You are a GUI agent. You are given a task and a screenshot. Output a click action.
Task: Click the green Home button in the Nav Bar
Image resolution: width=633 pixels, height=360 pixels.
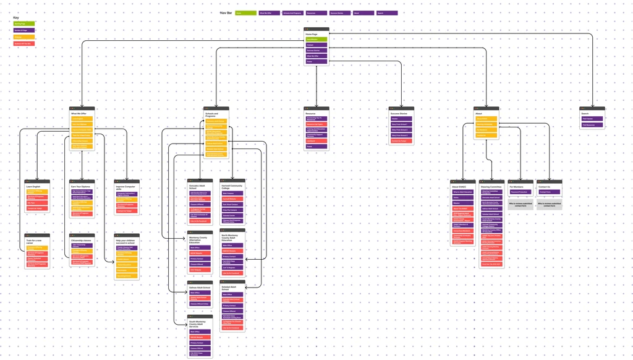point(245,13)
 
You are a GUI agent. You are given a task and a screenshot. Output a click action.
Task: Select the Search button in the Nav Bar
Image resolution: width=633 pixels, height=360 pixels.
point(387,13)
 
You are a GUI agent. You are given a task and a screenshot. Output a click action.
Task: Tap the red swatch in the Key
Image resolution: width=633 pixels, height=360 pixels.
point(24,44)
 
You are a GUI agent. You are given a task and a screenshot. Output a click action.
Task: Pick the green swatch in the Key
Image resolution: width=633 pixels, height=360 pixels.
point(24,24)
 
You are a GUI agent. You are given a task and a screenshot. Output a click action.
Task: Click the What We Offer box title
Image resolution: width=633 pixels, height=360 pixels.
point(79,114)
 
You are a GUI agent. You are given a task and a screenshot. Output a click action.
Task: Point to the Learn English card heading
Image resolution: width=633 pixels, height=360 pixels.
point(33,186)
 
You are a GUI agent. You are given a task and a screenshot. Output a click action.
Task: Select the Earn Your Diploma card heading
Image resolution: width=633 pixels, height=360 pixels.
point(80,186)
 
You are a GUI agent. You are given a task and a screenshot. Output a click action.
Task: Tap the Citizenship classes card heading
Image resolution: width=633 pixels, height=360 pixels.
point(82,241)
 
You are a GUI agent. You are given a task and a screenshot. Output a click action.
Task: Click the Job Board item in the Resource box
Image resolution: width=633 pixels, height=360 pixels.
point(316,141)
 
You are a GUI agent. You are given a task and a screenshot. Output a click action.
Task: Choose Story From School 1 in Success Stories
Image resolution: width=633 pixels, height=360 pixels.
point(402,124)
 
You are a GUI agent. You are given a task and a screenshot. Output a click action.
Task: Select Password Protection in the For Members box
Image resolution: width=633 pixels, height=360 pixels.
point(520,192)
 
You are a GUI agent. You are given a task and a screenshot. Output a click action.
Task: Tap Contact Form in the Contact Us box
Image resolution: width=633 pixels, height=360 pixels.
point(549,192)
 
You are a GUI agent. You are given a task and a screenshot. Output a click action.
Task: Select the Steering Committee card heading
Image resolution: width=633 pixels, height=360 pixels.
point(491,186)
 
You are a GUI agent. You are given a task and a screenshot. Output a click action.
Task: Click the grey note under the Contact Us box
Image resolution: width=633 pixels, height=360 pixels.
point(549,204)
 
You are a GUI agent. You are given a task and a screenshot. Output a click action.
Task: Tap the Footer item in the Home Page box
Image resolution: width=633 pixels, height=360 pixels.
point(316,61)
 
